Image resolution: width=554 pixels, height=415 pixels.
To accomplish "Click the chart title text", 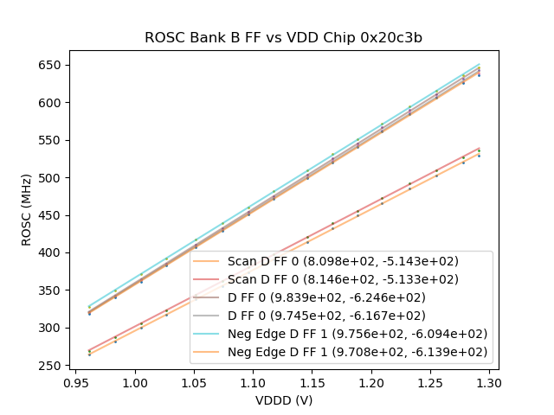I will coord(283,38).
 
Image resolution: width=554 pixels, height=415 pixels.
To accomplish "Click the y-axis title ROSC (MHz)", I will coord(28,210).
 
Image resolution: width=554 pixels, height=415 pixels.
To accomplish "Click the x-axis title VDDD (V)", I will coord(283,400).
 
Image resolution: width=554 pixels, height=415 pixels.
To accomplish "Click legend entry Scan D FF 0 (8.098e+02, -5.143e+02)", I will coord(343,261).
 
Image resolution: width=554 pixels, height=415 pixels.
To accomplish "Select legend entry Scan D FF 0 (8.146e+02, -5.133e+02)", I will coord(343,279).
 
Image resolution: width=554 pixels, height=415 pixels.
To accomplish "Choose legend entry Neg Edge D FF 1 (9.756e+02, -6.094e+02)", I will coord(358,334).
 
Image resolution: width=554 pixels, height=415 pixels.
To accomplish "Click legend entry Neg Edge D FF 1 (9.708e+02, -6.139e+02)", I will coord(358,352).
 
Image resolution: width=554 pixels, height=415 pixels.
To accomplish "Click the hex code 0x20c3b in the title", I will coord(395,38).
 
